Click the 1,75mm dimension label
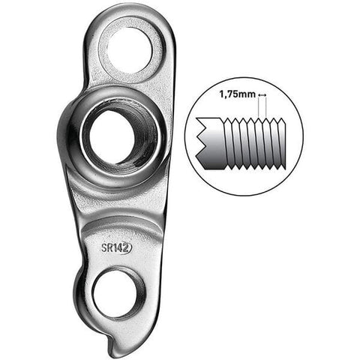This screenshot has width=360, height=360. point(236,95)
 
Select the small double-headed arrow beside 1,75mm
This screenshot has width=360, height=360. point(262,95)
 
